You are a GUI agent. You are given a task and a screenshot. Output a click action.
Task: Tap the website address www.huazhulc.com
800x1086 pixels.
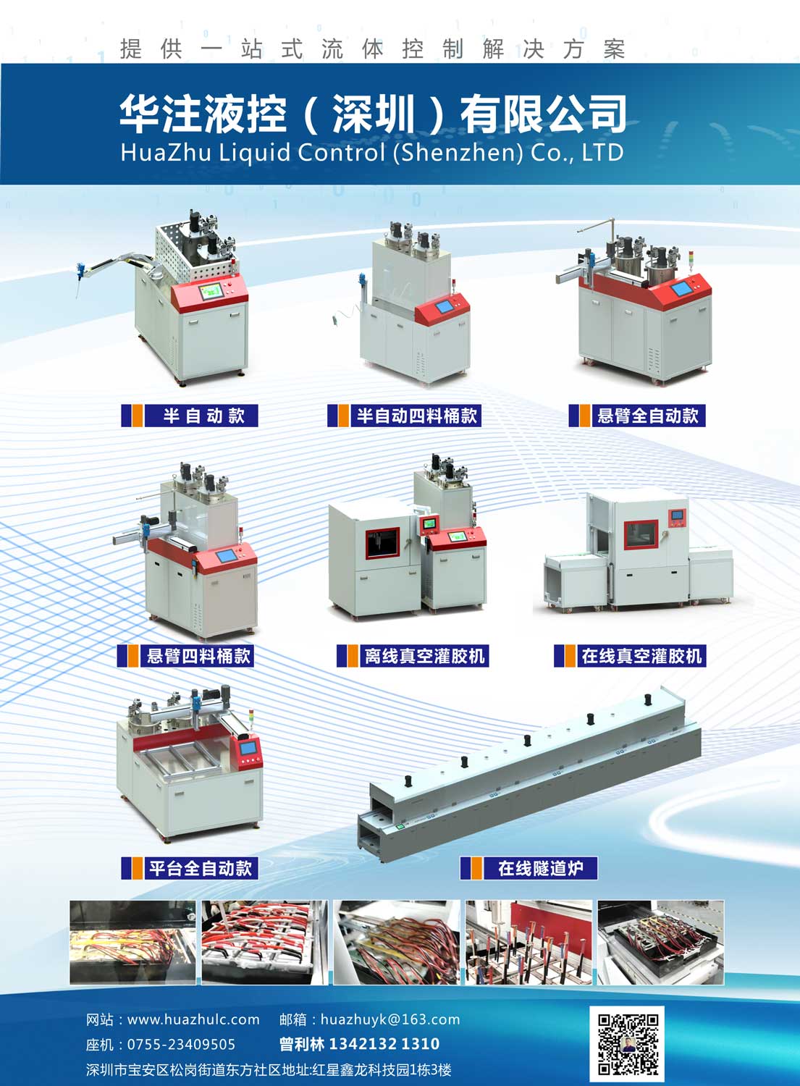click(193, 1019)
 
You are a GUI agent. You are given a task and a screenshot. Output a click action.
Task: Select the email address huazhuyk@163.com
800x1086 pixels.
click(390, 1019)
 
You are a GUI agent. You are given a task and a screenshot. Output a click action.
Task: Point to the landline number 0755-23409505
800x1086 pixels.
click(181, 1044)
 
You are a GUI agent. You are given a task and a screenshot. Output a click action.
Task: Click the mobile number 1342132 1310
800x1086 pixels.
click(384, 1044)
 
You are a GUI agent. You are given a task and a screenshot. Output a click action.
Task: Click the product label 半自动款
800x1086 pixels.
click(203, 416)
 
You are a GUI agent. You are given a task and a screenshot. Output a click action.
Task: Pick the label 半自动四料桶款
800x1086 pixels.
click(416, 416)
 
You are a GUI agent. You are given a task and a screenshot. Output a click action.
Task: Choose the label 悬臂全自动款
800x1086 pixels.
click(648, 416)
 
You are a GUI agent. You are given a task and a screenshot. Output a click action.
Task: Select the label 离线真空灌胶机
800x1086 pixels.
click(424, 656)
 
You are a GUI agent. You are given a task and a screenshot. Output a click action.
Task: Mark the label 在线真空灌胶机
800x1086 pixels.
click(641, 656)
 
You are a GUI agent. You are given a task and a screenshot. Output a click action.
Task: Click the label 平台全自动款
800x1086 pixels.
click(201, 868)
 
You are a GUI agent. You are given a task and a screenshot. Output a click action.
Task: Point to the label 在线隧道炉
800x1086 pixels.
click(541, 868)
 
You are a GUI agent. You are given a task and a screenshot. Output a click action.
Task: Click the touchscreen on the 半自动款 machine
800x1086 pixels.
click(211, 291)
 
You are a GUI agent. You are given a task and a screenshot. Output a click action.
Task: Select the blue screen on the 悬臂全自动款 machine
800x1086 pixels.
click(681, 290)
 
